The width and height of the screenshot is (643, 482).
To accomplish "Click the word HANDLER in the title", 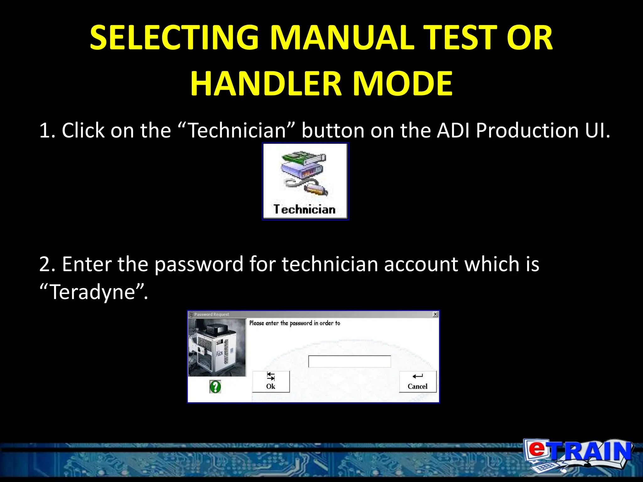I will (x=266, y=83).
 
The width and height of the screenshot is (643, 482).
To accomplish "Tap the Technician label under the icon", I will (x=305, y=209).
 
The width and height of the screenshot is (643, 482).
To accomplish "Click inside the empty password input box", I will (x=349, y=361).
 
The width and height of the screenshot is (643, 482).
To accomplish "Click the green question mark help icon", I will (x=215, y=387).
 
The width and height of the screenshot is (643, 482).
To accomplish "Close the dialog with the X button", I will (x=435, y=314).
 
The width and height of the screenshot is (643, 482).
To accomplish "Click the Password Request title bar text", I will (x=212, y=314).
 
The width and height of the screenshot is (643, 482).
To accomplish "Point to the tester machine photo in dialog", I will (x=217, y=348).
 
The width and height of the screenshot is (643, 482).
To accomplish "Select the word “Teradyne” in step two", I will (x=93, y=292).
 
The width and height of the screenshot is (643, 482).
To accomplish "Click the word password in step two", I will (x=199, y=264).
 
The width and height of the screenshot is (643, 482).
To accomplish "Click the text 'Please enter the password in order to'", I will (x=294, y=323).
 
